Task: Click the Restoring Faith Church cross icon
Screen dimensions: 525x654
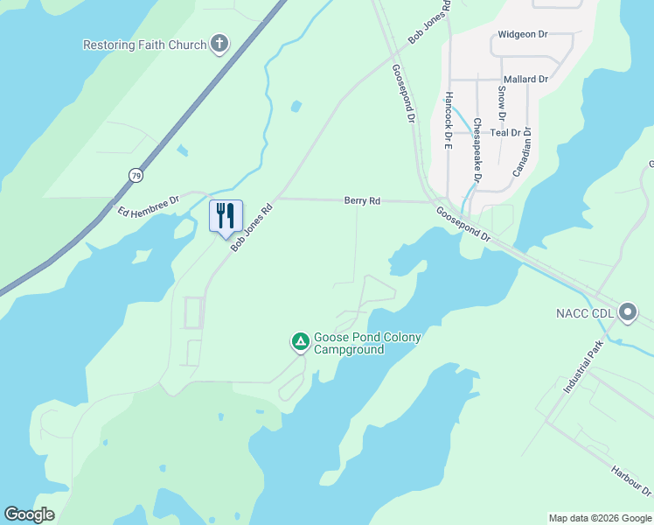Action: click(219, 45)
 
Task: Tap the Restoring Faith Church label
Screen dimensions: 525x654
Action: click(144, 45)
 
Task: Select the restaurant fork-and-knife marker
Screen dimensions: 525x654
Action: click(226, 215)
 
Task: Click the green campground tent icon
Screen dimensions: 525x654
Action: click(300, 341)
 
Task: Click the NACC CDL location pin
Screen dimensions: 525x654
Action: click(628, 311)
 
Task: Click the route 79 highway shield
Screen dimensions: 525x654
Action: click(136, 176)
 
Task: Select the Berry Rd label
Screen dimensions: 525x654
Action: click(362, 201)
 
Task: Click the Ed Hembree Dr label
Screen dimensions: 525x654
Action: click(149, 207)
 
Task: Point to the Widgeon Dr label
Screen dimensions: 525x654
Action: click(522, 35)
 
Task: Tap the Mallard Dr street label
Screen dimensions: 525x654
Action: click(525, 79)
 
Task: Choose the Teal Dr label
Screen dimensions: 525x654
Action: click(505, 133)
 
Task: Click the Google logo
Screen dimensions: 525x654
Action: click(29, 514)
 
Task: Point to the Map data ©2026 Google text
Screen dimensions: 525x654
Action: click(599, 518)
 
